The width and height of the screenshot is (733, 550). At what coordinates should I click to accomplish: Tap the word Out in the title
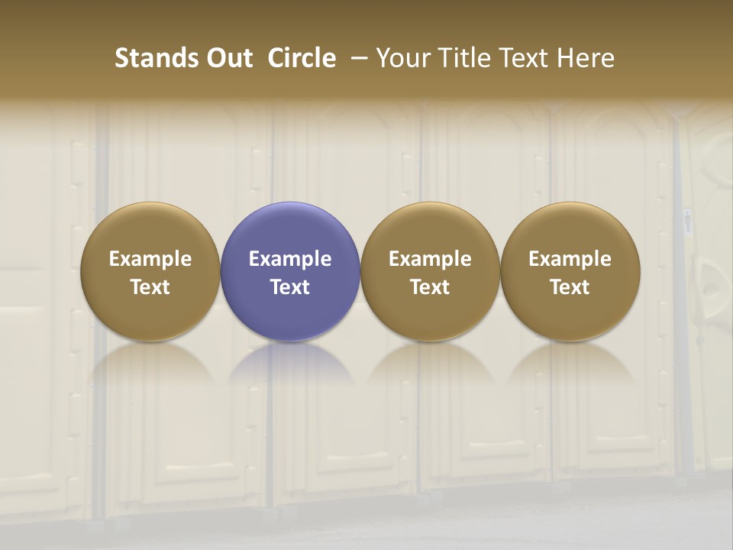(x=228, y=58)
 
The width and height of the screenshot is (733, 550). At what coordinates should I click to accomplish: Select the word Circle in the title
(x=302, y=58)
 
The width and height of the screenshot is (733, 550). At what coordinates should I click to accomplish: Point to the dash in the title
(x=357, y=58)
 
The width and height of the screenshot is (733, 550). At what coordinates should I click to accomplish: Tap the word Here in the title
(x=586, y=58)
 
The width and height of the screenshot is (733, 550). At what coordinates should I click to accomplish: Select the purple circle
(x=290, y=272)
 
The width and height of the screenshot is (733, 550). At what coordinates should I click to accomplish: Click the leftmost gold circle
(x=150, y=272)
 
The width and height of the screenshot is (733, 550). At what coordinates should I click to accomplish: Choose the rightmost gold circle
(x=570, y=272)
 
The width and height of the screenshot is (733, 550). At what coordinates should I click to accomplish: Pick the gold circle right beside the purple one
(x=430, y=272)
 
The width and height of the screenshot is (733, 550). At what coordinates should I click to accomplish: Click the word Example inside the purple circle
(x=290, y=259)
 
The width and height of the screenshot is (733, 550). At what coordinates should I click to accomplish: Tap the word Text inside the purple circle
(x=290, y=287)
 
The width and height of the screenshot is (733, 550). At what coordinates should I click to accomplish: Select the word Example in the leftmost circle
(x=150, y=259)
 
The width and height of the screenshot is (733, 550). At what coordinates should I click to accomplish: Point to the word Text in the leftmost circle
(x=150, y=287)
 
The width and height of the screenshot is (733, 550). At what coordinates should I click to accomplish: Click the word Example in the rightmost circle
(x=570, y=259)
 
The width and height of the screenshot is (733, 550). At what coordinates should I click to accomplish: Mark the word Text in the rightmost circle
(x=570, y=287)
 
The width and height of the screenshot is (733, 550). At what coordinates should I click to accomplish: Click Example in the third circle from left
(x=430, y=259)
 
